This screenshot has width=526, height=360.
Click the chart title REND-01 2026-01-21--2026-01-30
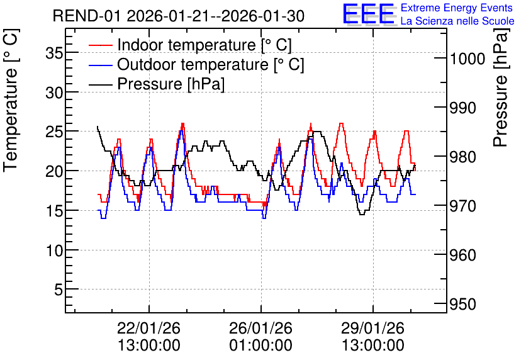(179, 16)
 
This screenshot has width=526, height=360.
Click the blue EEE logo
(369, 14)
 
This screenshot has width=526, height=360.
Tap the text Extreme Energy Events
(457, 8)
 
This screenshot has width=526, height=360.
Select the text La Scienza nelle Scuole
(457, 21)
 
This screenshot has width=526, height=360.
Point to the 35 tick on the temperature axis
(54, 53)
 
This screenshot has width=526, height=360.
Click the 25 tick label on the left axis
(54, 132)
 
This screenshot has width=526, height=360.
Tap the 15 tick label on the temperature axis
(54, 210)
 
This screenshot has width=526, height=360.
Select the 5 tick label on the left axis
(59, 290)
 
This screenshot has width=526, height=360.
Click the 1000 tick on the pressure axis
(467, 59)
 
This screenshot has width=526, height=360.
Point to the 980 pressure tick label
(462, 157)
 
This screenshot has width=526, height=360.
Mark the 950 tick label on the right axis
(462, 305)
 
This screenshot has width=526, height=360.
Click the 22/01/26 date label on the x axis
(148, 328)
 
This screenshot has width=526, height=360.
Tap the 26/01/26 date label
(260, 328)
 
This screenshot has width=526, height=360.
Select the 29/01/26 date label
(372, 328)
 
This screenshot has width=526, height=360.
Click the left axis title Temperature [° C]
(11, 100)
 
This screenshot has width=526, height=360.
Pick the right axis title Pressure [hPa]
(501, 87)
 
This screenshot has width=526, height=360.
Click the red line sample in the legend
(100, 45)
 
